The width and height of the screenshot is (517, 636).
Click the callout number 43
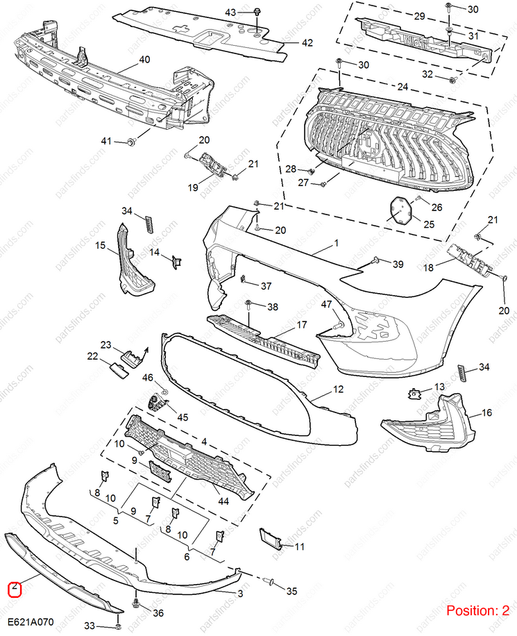pos(231,12)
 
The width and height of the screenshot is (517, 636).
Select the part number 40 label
pos(144,60)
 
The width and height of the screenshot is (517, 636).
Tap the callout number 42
pos(307,43)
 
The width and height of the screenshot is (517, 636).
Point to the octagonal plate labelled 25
pos(400,210)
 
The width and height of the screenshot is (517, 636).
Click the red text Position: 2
pos(477,611)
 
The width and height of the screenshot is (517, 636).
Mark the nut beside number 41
pos(130,142)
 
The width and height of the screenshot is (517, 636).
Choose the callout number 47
pos(327,305)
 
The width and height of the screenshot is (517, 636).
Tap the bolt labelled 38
pos(248,305)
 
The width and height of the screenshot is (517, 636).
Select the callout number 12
pos(338,390)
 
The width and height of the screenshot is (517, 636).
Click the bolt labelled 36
pos(135,603)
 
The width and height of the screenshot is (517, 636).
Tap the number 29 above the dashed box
pos(419,16)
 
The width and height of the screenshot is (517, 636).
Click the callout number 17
pos(302,324)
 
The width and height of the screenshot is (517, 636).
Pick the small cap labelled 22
pos(118,369)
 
